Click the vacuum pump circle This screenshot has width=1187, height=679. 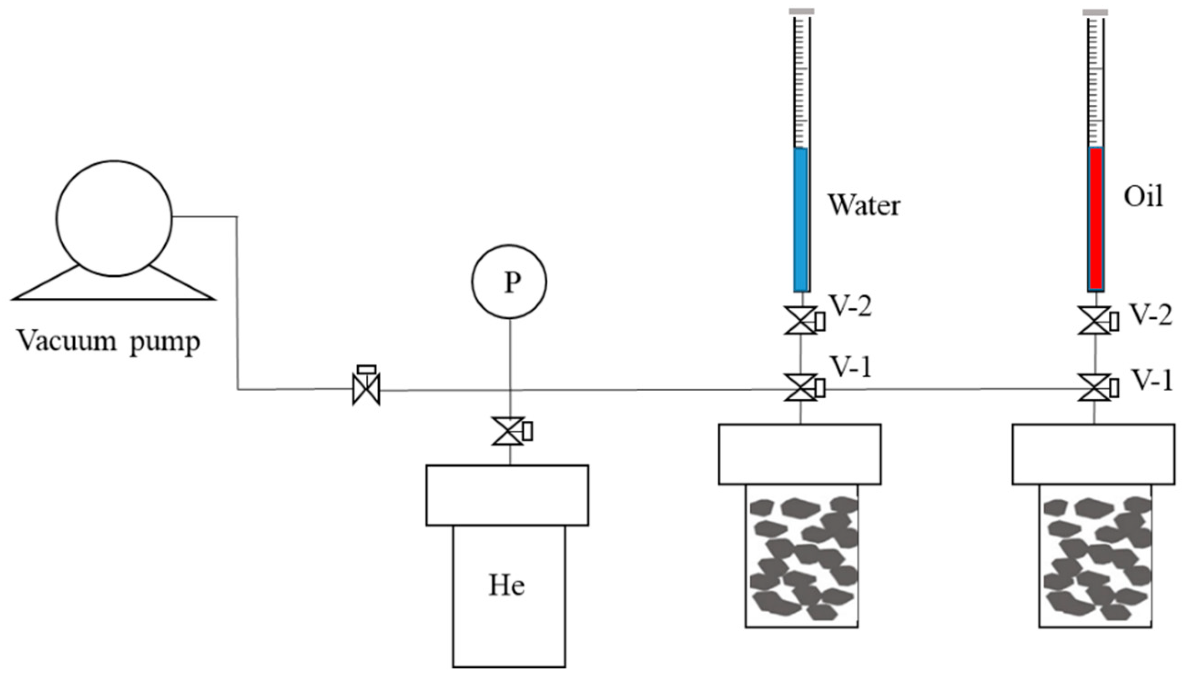click(x=114, y=218)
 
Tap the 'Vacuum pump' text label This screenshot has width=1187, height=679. click(x=108, y=342)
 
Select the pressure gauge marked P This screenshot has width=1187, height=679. click(x=509, y=282)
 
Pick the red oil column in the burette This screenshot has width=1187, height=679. click(x=1096, y=219)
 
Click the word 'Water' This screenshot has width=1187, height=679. click(x=864, y=206)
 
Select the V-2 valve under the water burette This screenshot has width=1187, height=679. click(x=800, y=320)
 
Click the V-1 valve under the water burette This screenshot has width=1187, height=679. click(x=800, y=387)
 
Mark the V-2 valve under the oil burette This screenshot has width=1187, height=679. click(x=1094, y=320)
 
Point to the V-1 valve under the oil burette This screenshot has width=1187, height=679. click(x=1094, y=387)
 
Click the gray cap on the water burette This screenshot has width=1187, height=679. click(x=802, y=11)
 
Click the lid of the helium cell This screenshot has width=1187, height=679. click(x=507, y=495)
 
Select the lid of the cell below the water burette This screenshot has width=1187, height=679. click(x=799, y=454)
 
